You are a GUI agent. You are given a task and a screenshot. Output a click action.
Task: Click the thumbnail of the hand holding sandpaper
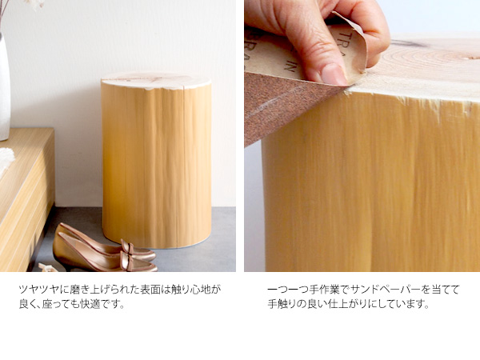362,136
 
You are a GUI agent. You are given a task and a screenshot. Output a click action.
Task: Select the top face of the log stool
156,79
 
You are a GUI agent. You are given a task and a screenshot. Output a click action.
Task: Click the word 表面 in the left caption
150,290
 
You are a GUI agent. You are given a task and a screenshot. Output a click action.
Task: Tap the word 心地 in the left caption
200,290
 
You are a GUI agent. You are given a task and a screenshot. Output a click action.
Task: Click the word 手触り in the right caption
282,304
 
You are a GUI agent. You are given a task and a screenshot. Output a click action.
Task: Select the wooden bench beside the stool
26,199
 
